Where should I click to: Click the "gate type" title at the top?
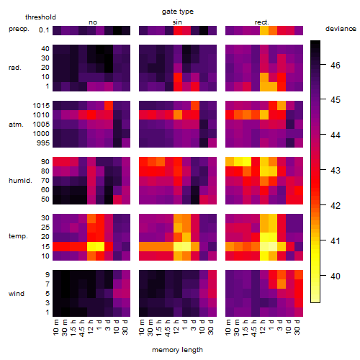[x=178, y=12]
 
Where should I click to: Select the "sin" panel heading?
[x=177, y=22]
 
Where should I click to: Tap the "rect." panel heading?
[x=261, y=22]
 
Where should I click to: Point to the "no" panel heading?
[x=93, y=22]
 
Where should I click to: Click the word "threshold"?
[x=40, y=17]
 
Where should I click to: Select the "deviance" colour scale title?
[x=341, y=29]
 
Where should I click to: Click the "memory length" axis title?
[x=177, y=350]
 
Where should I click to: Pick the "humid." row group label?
[x=20, y=181]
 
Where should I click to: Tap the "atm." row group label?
[x=16, y=125]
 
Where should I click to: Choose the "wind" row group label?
[x=17, y=294]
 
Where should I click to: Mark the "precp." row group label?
[x=19, y=29]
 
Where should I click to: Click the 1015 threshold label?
[x=41, y=105]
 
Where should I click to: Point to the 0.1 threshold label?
[x=44, y=30]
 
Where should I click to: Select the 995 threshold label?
[x=43, y=143]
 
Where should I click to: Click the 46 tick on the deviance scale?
[x=336, y=65]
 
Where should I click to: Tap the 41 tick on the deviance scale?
[x=336, y=240]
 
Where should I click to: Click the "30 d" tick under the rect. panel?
[x=297, y=327]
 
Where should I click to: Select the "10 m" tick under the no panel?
[x=56, y=327]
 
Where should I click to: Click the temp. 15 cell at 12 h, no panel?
[x=91, y=246]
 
